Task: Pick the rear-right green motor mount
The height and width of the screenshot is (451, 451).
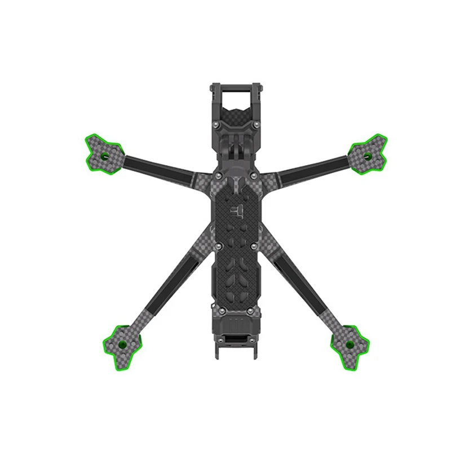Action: [x=349, y=343]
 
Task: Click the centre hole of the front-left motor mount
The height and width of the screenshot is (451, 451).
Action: [x=104, y=154]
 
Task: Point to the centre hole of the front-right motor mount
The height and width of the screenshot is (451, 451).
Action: [x=367, y=155]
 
